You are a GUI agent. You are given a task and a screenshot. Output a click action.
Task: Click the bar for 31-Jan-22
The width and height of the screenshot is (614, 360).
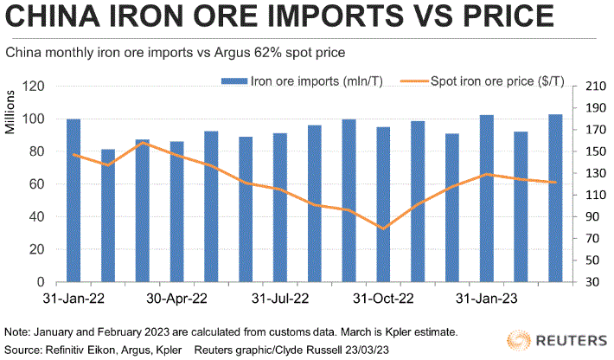click(x=74, y=200)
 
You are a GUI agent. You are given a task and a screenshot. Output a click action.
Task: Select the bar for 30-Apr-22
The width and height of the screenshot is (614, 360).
click(x=176, y=211)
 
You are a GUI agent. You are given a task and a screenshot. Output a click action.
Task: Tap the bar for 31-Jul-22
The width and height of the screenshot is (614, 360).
click(x=280, y=208)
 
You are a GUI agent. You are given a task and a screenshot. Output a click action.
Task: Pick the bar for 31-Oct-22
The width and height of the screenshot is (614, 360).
click(x=383, y=204)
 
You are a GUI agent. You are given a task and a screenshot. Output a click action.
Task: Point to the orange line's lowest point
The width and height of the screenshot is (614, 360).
click(x=383, y=228)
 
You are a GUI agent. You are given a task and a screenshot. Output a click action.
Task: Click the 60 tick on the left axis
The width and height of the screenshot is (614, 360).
click(x=37, y=184)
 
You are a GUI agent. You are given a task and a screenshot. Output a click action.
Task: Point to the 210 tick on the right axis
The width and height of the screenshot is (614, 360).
click(x=596, y=87)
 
